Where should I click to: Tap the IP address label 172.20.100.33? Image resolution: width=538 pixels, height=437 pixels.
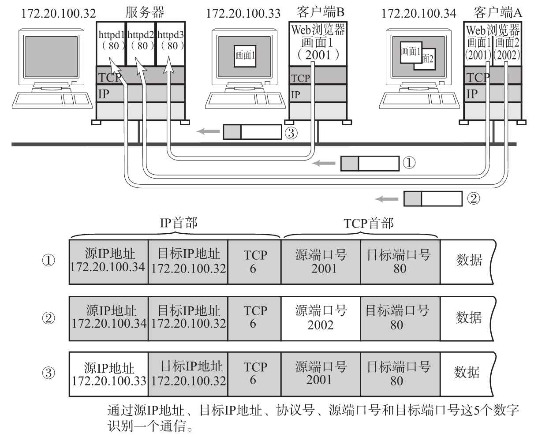click(x=243, y=13)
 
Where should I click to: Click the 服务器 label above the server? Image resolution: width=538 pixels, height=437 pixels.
click(x=145, y=12)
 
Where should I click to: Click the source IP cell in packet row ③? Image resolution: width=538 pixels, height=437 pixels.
click(x=108, y=374)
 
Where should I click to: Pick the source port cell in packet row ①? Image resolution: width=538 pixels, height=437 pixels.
click(x=321, y=261)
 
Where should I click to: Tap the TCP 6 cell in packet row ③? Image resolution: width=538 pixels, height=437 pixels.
click(x=254, y=374)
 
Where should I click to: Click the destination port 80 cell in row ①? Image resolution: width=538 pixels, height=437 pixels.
click(x=400, y=261)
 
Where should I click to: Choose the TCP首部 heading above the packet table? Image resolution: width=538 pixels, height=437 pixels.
click(x=368, y=224)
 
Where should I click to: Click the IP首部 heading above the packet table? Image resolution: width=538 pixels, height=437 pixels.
click(x=178, y=223)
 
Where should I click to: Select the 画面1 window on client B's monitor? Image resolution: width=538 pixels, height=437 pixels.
click(x=245, y=55)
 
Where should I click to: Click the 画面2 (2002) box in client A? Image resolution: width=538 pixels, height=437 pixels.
click(x=508, y=48)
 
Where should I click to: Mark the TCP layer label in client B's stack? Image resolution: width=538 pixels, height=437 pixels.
click(x=300, y=78)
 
